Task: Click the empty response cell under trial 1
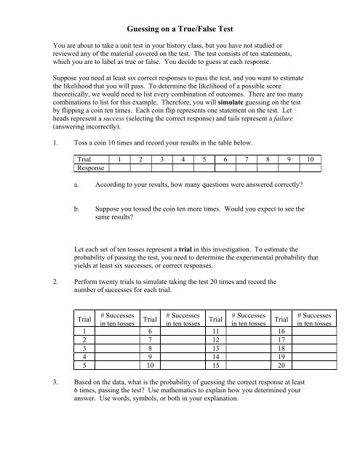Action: point(119,188)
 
